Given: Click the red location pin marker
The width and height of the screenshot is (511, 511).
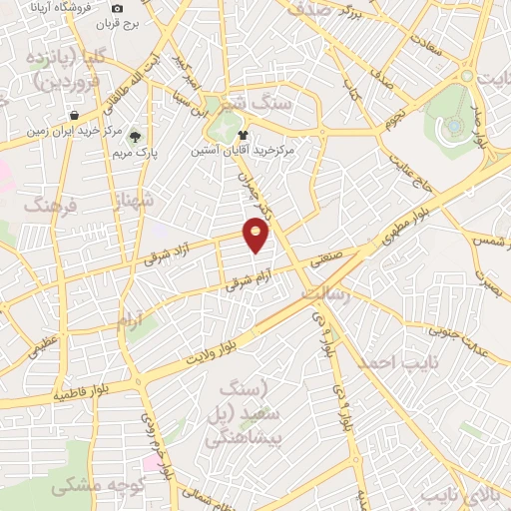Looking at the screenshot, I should [x=256, y=237].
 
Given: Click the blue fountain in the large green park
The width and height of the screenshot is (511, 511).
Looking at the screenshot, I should [x=455, y=126].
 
